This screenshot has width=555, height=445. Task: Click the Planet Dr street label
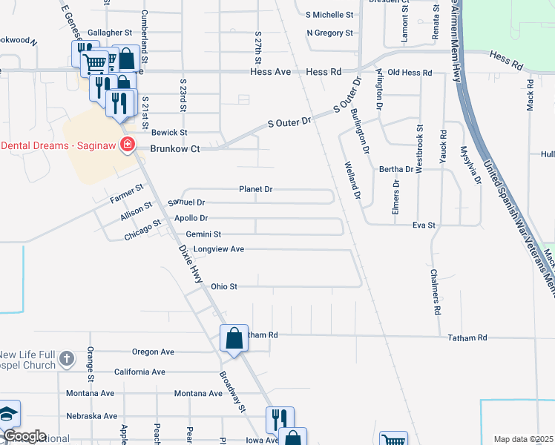256,189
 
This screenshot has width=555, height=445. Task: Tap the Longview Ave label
219,249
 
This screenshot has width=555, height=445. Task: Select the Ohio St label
223,286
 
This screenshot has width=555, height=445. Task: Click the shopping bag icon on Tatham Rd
234,339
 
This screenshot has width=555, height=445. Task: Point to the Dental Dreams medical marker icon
128,144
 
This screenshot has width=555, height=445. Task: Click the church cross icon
67,359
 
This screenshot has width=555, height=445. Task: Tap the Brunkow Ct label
175,148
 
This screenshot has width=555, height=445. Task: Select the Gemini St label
203,234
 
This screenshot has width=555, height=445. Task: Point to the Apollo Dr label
191,218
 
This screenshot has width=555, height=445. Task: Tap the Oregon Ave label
153,352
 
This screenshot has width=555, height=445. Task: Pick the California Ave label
139,372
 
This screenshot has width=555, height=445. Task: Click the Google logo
24,436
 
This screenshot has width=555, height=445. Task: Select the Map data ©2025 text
523,439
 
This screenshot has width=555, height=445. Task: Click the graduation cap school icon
8,413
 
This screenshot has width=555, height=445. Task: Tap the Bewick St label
169,132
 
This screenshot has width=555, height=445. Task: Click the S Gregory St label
329,33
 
